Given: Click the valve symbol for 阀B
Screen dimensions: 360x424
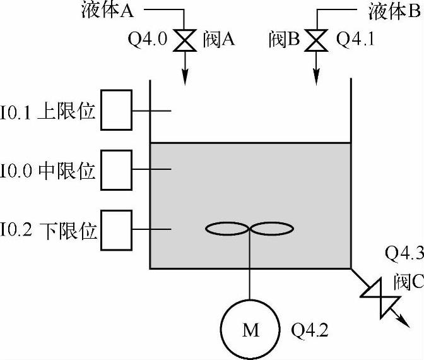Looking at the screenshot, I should point(314,41).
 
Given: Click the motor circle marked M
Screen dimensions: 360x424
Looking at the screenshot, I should point(250,330).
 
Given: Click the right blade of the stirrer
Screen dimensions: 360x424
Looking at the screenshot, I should point(273,229).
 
